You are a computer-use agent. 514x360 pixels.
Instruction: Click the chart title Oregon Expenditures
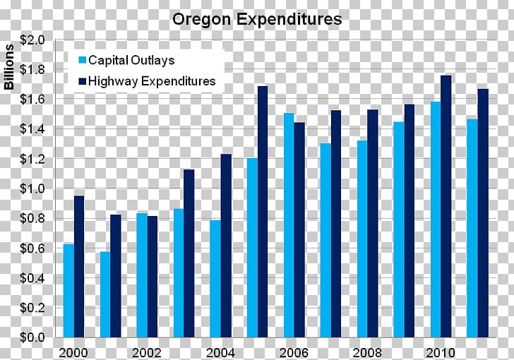(257, 19)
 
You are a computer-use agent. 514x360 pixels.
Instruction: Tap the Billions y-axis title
(10, 68)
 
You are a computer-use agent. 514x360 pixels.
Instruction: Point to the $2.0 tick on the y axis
(32, 41)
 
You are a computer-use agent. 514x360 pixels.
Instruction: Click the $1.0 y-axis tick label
(32, 189)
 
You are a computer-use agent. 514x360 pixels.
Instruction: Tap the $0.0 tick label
(32, 338)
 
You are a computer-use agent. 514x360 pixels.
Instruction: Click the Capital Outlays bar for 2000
(68, 291)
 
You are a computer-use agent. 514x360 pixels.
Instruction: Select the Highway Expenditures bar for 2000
(79, 267)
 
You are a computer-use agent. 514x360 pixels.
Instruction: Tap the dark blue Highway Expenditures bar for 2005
(263, 212)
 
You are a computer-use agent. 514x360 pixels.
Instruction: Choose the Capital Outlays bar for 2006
(289, 225)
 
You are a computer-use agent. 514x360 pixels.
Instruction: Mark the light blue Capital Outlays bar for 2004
(215, 279)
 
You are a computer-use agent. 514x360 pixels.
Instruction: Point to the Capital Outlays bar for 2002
(142, 275)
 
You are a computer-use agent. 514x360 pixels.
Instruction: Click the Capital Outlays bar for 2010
(436, 220)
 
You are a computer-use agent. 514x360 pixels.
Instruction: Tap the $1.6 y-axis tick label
(32, 100)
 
